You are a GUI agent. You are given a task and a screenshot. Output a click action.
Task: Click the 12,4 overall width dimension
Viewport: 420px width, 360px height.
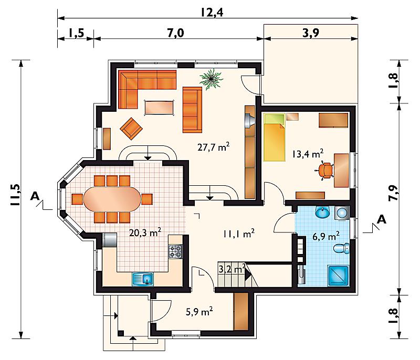pyautogui.click(x=212, y=12)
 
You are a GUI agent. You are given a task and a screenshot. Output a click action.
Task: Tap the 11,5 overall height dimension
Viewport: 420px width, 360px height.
pyautogui.click(x=16, y=195)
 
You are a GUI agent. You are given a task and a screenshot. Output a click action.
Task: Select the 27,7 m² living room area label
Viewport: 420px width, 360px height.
pyautogui.click(x=214, y=146)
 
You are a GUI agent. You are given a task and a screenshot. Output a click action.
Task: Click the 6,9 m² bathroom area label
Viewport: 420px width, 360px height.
pyautogui.click(x=326, y=236)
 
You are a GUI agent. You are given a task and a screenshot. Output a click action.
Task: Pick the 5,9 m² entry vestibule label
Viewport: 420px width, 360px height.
pyautogui.click(x=199, y=311)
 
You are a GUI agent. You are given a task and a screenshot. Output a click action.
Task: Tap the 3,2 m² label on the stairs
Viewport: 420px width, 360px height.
pyautogui.click(x=232, y=269)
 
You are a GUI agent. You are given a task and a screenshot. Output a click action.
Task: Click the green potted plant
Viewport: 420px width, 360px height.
pyautogui.click(x=212, y=78)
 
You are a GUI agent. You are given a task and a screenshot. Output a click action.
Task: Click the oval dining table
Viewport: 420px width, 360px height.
pyautogui.click(x=112, y=199)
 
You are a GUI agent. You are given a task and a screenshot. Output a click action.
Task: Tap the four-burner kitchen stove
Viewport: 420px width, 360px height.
pyautogui.click(x=176, y=252)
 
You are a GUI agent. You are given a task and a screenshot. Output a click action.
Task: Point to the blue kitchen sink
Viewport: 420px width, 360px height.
pyautogui.click(x=143, y=279)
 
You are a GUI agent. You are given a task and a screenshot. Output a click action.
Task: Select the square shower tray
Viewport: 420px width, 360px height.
pyautogui.click(x=338, y=276)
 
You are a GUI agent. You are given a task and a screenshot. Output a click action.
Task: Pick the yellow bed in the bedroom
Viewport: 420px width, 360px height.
pyautogui.click(x=274, y=138)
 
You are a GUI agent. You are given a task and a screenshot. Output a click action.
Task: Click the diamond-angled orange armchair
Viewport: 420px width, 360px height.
pyautogui.click(x=131, y=129)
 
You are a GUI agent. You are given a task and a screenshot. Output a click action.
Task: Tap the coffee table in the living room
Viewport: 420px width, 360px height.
pyautogui.click(x=159, y=108)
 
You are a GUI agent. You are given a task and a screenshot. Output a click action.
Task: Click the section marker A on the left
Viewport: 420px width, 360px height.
pyautogui.click(x=35, y=196)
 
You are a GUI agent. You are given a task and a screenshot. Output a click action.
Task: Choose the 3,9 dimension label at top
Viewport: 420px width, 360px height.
pyautogui.click(x=311, y=33)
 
